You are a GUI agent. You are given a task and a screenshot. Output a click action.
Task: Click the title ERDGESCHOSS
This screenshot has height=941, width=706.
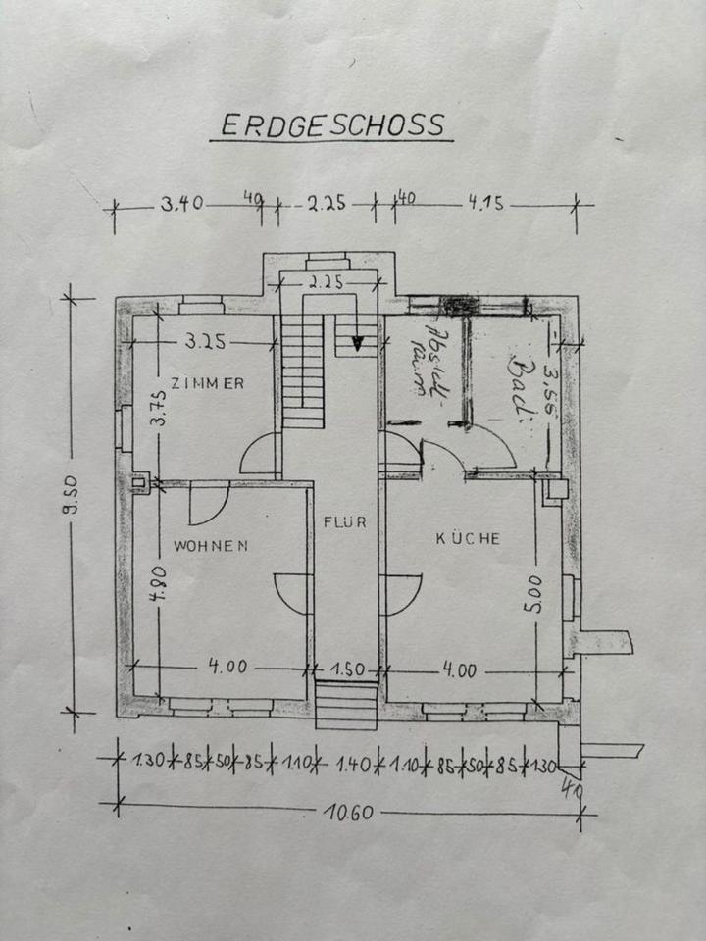331,126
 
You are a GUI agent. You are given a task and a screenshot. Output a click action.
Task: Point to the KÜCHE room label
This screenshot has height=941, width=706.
469,538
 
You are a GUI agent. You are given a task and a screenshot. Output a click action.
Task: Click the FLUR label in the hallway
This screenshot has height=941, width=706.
345,521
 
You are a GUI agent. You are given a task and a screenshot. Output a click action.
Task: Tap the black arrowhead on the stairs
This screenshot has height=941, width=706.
358,343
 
